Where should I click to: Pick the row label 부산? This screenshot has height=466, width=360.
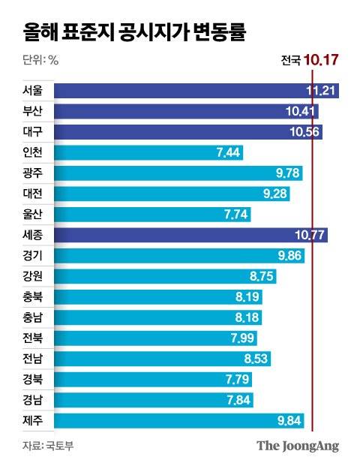click(x=34, y=112)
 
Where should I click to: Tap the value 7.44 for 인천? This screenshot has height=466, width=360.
click(x=229, y=153)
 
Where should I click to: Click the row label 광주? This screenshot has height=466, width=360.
click(x=34, y=173)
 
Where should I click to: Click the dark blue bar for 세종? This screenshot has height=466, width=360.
click(x=192, y=235)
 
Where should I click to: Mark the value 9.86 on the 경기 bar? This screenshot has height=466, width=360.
click(x=289, y=256)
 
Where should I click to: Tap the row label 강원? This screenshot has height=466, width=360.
click(x=34, y=276)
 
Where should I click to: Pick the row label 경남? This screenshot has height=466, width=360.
click(x=34, y=399)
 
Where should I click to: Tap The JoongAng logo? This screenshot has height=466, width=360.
click(x=298, y=446)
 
